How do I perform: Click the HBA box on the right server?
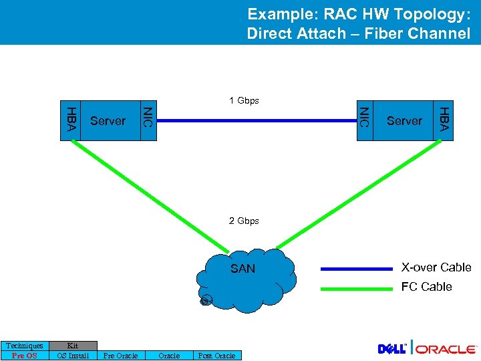pyautogui.click(x=443, y=120)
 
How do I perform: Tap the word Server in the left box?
pyautogui.click(x=108, y=121)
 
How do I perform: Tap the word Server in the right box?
pyautogui.click(x=404, y=121)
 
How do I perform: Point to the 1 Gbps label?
pyautogui.click(x=244, y=101)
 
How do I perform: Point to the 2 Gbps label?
pyautogui.click(x=244, y=221)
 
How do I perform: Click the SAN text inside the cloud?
pyautogui.click(x=243, y=269)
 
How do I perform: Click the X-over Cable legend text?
pyautogui.click(x=436, y=267)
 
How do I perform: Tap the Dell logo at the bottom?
pyautogui.click(x=393, y=349)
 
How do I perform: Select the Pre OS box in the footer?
pyautogui.click(x=25, y=356)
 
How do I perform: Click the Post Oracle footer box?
pyautogui.click(x=217, y=356)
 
